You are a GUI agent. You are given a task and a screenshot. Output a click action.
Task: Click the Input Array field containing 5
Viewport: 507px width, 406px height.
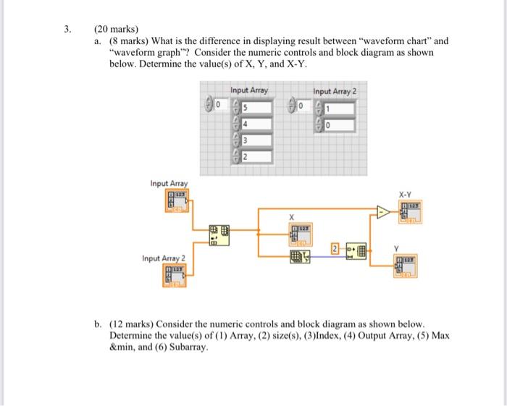(258, 107)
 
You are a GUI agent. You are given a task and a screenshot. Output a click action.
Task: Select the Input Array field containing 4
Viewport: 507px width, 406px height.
(258, 123)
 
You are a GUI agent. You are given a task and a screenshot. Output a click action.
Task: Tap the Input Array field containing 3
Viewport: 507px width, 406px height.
(258, 140)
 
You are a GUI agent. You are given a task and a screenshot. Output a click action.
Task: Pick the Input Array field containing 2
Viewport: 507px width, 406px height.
(258, 157)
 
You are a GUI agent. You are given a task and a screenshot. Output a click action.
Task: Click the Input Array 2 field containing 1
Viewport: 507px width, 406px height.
(340, 109)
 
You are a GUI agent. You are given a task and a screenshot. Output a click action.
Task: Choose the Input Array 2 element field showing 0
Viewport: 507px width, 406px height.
(340, 126)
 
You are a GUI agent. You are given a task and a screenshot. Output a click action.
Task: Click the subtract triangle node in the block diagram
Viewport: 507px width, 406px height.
(382, 212)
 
